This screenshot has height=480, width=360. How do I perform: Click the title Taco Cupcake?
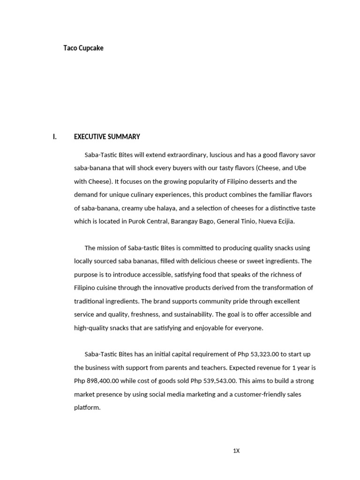[x=83, y=48]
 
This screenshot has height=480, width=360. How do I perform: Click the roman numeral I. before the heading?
[x=54, y=137]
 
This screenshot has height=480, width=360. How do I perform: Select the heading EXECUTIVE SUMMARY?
[x=107, y=137]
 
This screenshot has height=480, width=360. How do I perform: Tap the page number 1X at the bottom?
[x=236, y=451]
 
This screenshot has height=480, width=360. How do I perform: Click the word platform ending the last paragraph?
[x=87, y=408]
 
